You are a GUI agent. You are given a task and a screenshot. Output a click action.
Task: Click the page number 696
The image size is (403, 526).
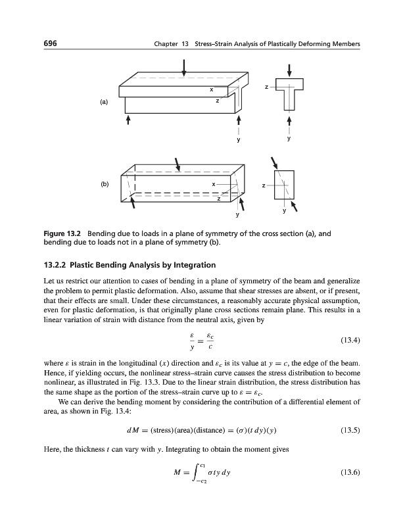[x=51, y=43]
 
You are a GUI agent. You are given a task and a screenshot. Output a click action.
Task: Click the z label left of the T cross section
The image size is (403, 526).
[x=266, y=86]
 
